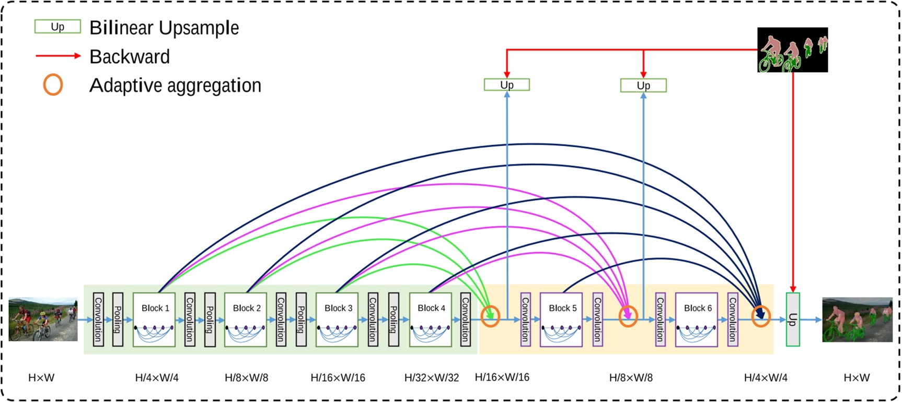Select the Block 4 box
click(x=431, y=320)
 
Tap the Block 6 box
click(x=697, y=320)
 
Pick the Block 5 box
click(x=561, y=320)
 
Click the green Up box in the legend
click(x=57, y=27)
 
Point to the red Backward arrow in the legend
click(x=58, y=55)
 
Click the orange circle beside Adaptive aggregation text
click(x=53, y=85)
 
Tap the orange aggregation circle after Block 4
click(x=490, y=316)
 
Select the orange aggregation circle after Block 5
click(x=628, y=316)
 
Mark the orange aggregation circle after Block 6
click(x=761, y=316)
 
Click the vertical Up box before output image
click(x=793, y=320)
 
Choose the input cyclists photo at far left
click(x=43, y=320)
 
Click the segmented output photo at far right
click(x=857, y=320)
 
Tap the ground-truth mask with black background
click(x=792, y=50)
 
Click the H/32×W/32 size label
click(x=432, y=377)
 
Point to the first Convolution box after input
click(x=98, y=320)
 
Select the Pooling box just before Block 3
click(x=301, y=320)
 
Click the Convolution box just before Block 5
click(x=525, y=320)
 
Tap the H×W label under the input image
click(x=41, y=377)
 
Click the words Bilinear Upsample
click(x=164, y=28)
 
